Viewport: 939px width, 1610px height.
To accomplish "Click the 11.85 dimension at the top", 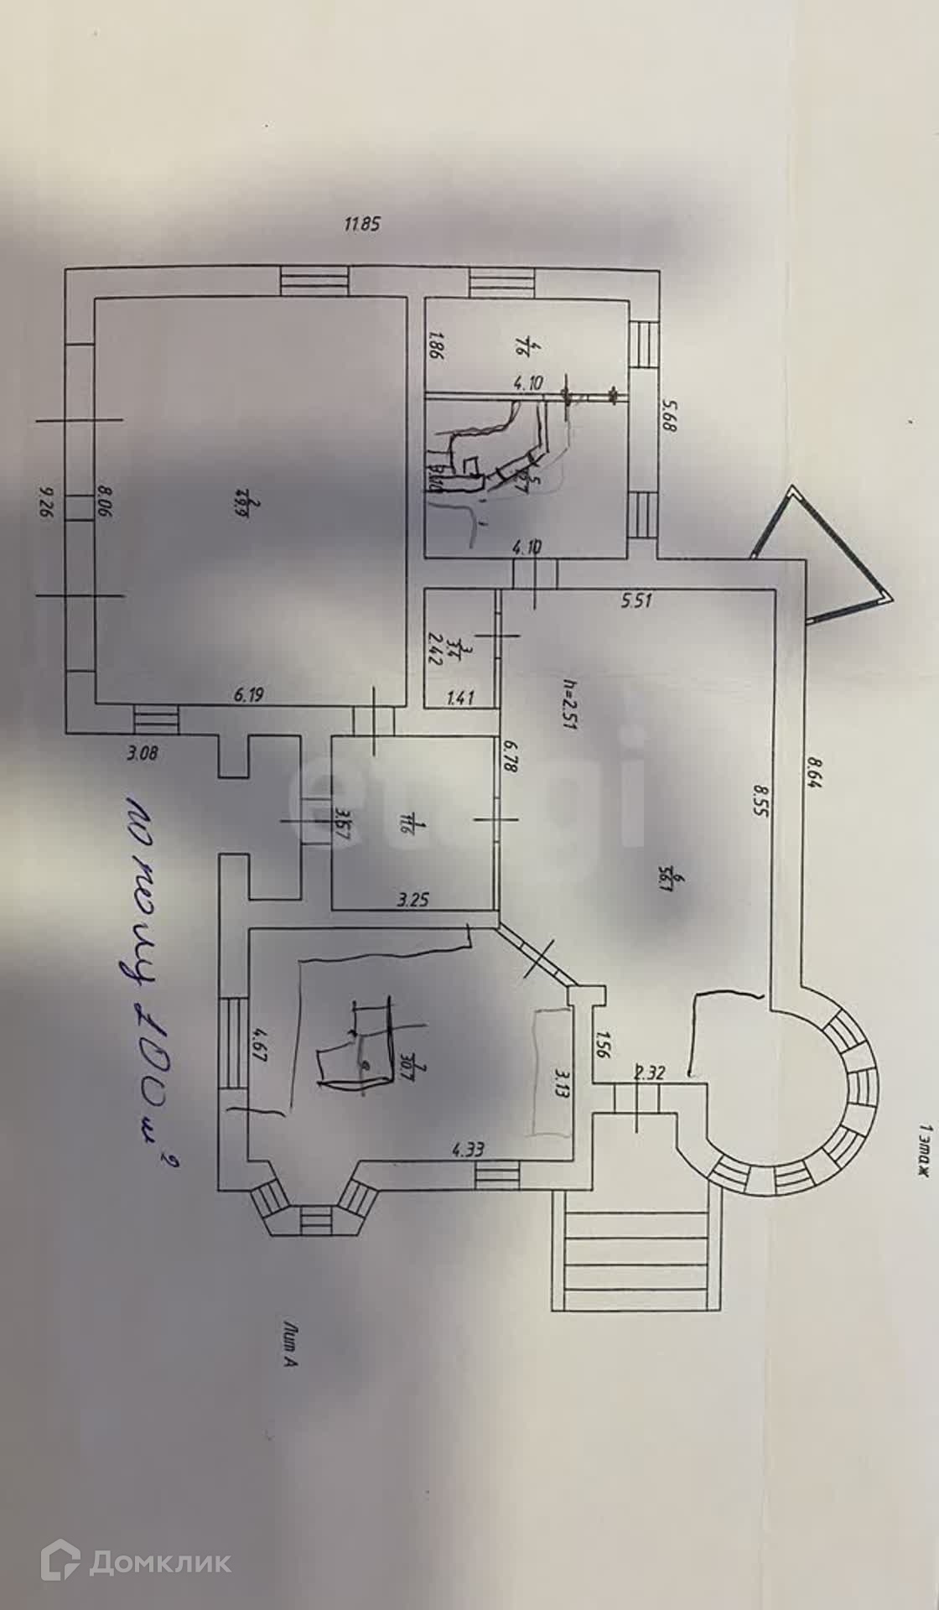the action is coord(363,224).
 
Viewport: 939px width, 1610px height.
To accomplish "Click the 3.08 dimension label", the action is coord(143,753).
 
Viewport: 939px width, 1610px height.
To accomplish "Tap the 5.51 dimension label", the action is coord(637,600).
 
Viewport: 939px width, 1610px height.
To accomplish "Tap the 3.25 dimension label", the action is coord(413,901).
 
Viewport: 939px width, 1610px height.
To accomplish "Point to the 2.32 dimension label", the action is coord(650,1072).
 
